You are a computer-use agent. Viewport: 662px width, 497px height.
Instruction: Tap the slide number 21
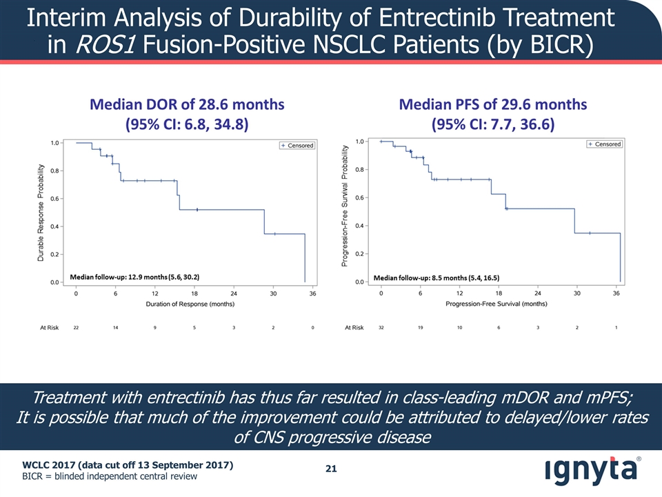pyautogui.click(x=331, y=469)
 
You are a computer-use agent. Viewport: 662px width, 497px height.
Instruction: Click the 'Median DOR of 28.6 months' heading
pyautogui.click(x=186, y=105)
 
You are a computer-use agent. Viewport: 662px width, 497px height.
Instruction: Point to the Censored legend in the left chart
pyautogui.click(x=297, y=146)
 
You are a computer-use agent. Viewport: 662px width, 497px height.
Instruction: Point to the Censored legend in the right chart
pyautogui.click(x=604, y=144)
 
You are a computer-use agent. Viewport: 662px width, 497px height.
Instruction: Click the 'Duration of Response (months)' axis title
pyautogui.click(x=194, y=304)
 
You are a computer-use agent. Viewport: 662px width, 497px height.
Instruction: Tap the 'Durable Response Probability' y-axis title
pyautogui.click(x=42, y=213)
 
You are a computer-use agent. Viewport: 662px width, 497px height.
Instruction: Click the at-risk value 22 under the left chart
pyautogui.click(x=76, y=328)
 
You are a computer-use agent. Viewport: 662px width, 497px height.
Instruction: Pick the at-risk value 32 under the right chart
pyautogui.click(x=381, y=328)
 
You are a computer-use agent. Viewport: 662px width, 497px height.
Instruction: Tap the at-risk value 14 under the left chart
pyautogui.click(x=116, y=328)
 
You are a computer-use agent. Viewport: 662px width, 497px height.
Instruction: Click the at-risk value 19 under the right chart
pyautogui.click(x=421, y=328)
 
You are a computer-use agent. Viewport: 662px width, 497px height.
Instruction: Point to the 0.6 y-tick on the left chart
pyautogui.click(x=54, y=199)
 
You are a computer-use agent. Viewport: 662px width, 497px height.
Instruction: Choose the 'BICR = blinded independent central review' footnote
pyautogui.click(x=110, y=477)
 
